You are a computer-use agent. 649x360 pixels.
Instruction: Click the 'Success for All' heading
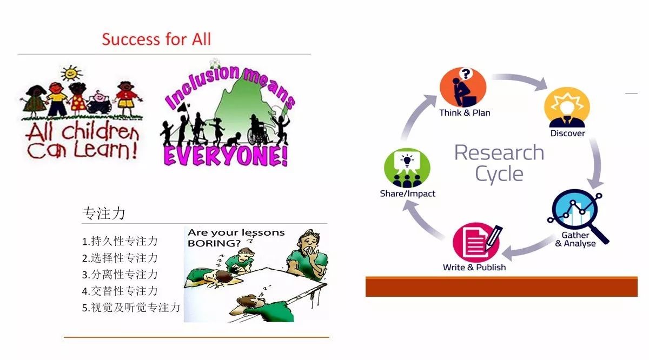[x=156, y=39]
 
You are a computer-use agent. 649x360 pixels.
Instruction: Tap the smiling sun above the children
[x=71, y=73]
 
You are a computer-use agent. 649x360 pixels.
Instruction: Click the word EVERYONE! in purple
[x=226, y=156]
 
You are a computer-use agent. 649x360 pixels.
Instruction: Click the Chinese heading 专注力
[x=104, y=213]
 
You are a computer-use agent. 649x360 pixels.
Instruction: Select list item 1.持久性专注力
[x=120, y=241]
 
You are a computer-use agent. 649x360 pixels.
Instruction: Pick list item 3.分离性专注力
[x=120, y=274]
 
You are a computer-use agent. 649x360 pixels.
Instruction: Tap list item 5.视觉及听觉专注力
[x=131, y=307]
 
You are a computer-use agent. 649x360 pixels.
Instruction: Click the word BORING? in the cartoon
[x=214, y=243]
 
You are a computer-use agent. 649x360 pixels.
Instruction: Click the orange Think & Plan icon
[x=463, y=87]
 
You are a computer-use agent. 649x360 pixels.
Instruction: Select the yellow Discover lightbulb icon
[x=567, y=108]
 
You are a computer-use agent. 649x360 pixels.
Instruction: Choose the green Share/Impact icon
[x=407, y=168]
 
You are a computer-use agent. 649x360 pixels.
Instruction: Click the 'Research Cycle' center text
[x=499, y=163]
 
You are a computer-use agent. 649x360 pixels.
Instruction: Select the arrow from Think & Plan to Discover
[x=520, y=79]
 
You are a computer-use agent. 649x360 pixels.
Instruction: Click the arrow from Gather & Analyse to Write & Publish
[x=527, y=249]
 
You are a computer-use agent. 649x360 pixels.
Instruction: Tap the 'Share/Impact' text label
[x=407, y=194]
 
